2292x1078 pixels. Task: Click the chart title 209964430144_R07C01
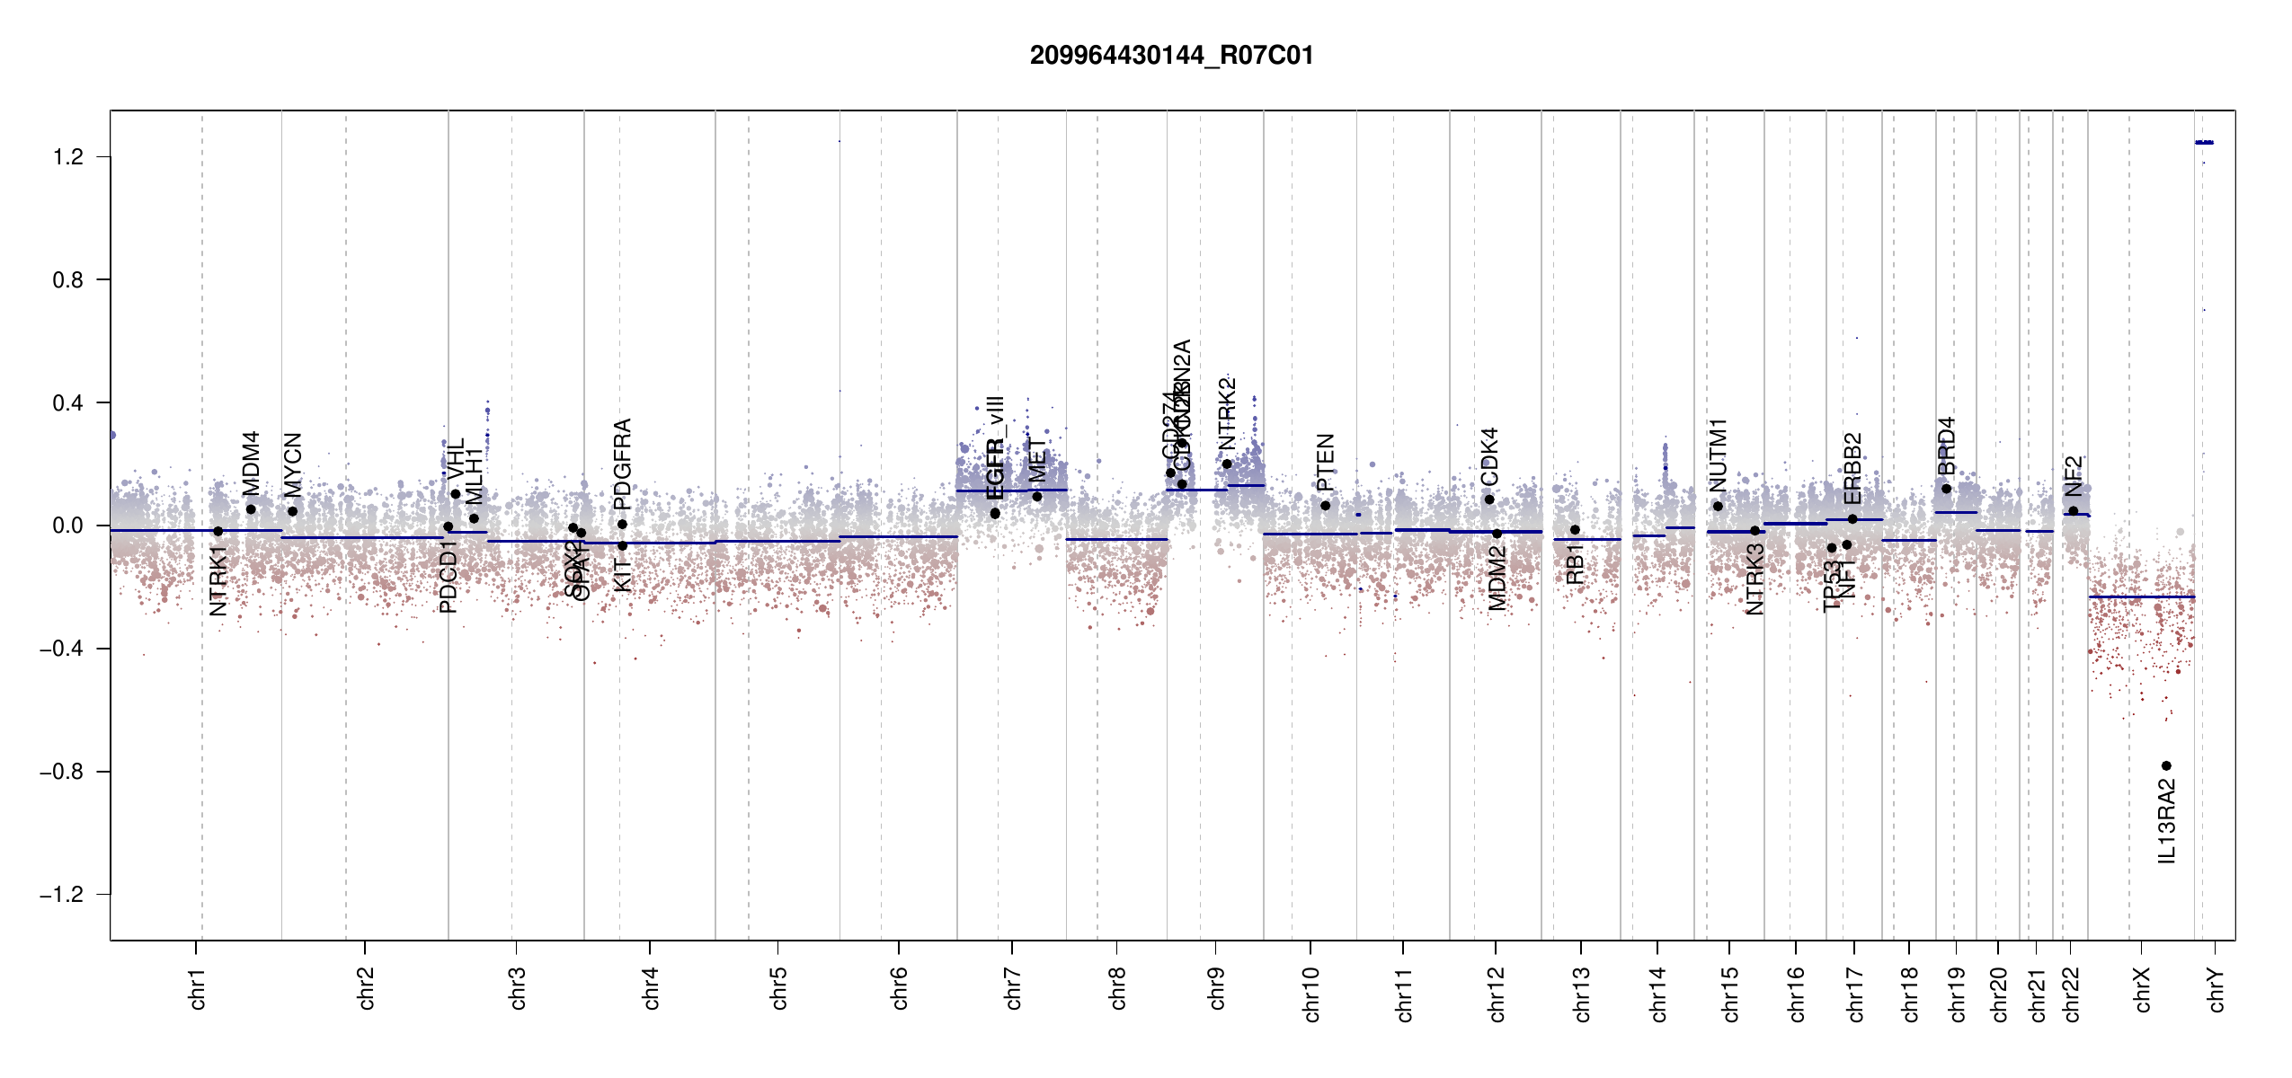coord(1171,56)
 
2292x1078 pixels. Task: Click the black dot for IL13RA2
coord(2166,765)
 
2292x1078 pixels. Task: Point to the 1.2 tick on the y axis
coord(68,157)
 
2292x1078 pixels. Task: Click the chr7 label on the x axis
coord(1013,988)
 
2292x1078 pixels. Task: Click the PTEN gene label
coord(1325,462)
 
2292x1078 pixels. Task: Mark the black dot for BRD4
coord(1946,489)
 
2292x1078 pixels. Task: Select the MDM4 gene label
coord(251,463)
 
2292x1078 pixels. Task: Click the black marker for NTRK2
coord(1227,464)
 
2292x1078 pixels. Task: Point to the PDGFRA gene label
coord(622,464)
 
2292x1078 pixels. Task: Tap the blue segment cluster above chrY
coord(2204,142)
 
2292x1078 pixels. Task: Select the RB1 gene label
coord(1575,563)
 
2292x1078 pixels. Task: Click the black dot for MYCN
coord(292,511)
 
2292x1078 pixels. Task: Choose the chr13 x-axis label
coord(1582,994)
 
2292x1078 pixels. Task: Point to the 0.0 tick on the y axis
coord(68,526)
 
